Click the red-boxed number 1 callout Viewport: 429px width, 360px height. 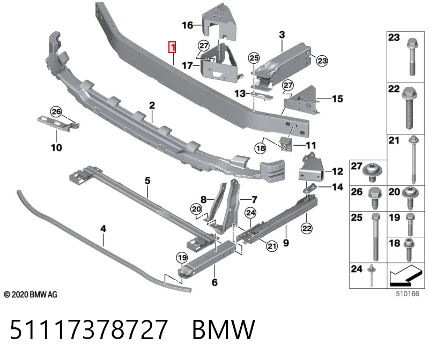(x=172, y=47)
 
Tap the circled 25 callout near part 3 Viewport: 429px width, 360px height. (x=254, y=58)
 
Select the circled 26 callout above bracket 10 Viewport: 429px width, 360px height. (x=56, y=111)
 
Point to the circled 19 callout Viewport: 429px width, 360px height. (x=182, y=258)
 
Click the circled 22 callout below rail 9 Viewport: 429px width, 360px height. (x=306, y=228)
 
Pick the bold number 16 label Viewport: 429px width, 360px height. (x=187, y=25)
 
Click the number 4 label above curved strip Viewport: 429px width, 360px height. (x=103, y=229)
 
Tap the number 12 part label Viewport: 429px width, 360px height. (x=337, y=171)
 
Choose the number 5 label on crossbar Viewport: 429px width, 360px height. (x=147, y=181)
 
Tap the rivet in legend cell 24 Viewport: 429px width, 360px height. (x=371, y=275)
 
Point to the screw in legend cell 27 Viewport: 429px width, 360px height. (x=372, y=172)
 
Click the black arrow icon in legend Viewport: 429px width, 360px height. (x=405, y=276)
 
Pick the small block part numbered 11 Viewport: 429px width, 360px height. (x=286, y=144)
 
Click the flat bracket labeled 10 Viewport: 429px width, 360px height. (x=58, y=123)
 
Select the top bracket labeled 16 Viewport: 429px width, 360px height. (x=219, y=21)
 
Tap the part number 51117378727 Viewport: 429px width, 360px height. (x=88, y=329)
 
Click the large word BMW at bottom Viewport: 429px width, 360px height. (x=224, y=329)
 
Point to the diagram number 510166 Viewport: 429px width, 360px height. (x=408, y=294)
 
